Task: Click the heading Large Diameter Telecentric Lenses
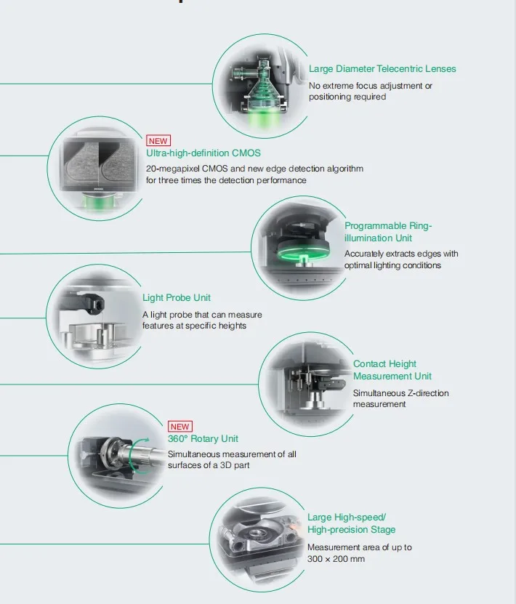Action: [382, 69]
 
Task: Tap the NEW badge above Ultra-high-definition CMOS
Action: [158, 141]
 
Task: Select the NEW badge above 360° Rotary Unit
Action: [180, 427]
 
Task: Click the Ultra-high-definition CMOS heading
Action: [203, 153]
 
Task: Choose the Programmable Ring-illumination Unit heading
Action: [388, 232]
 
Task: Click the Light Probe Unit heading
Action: [177, 298]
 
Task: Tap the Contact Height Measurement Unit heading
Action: [392, 370]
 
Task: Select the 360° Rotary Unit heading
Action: [203, 439]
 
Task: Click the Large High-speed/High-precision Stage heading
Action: [351, 523]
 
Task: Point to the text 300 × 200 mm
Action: [336, 559]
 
